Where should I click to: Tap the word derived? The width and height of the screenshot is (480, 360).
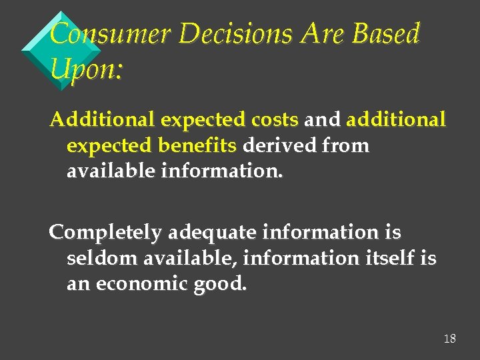tap(281, 145)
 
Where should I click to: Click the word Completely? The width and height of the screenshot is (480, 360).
tap(105, 233)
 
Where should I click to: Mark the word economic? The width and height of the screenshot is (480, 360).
tap(141, 284)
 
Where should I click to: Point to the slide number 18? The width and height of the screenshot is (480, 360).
tap(450, 339)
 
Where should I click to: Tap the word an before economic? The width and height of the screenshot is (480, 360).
tap(78, 284)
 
